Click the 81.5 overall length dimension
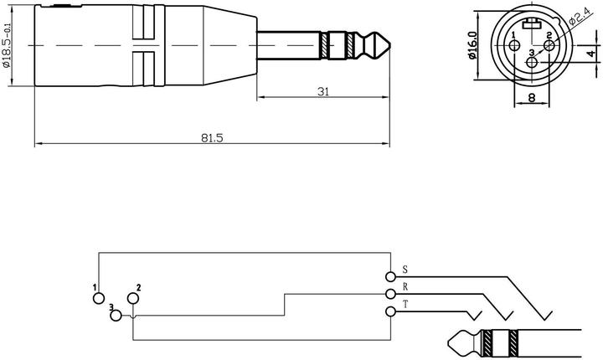click(213, 138)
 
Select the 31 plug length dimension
click(322, 91)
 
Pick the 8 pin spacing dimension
click(531, 97)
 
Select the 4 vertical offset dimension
click(590, 53)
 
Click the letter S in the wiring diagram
click(405, 270)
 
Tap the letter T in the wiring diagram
click(405, 306)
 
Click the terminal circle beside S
click(390, 276)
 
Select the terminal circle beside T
click(390, 312)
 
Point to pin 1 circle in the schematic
click(99, 298)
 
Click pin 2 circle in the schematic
click(132, 298)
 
